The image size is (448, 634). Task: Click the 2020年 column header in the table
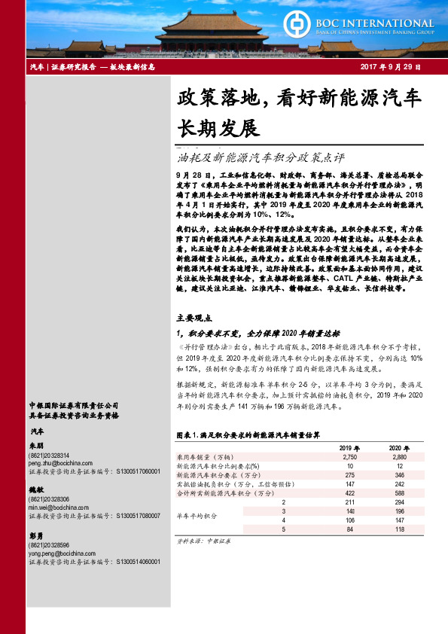click(398, 448)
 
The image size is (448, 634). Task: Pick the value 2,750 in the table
click(349, 457)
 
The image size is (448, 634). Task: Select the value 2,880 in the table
click(398, 457)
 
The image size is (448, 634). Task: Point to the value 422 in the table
click(349, 493)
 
